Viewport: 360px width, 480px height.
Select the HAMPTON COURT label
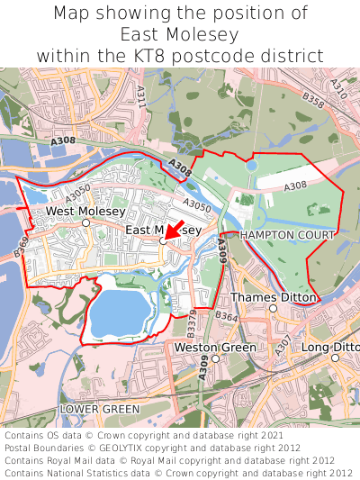[x=287, y=234]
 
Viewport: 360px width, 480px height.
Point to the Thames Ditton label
[x=274, y=297]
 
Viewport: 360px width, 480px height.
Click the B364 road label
[x=226, y=316]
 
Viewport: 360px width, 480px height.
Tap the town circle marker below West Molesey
[x=85, y=222]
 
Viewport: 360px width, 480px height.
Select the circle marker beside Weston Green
[x=215, y=358]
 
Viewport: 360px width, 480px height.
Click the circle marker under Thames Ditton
[x=274, y=308]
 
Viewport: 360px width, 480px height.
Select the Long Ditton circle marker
[x=334, y=358]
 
